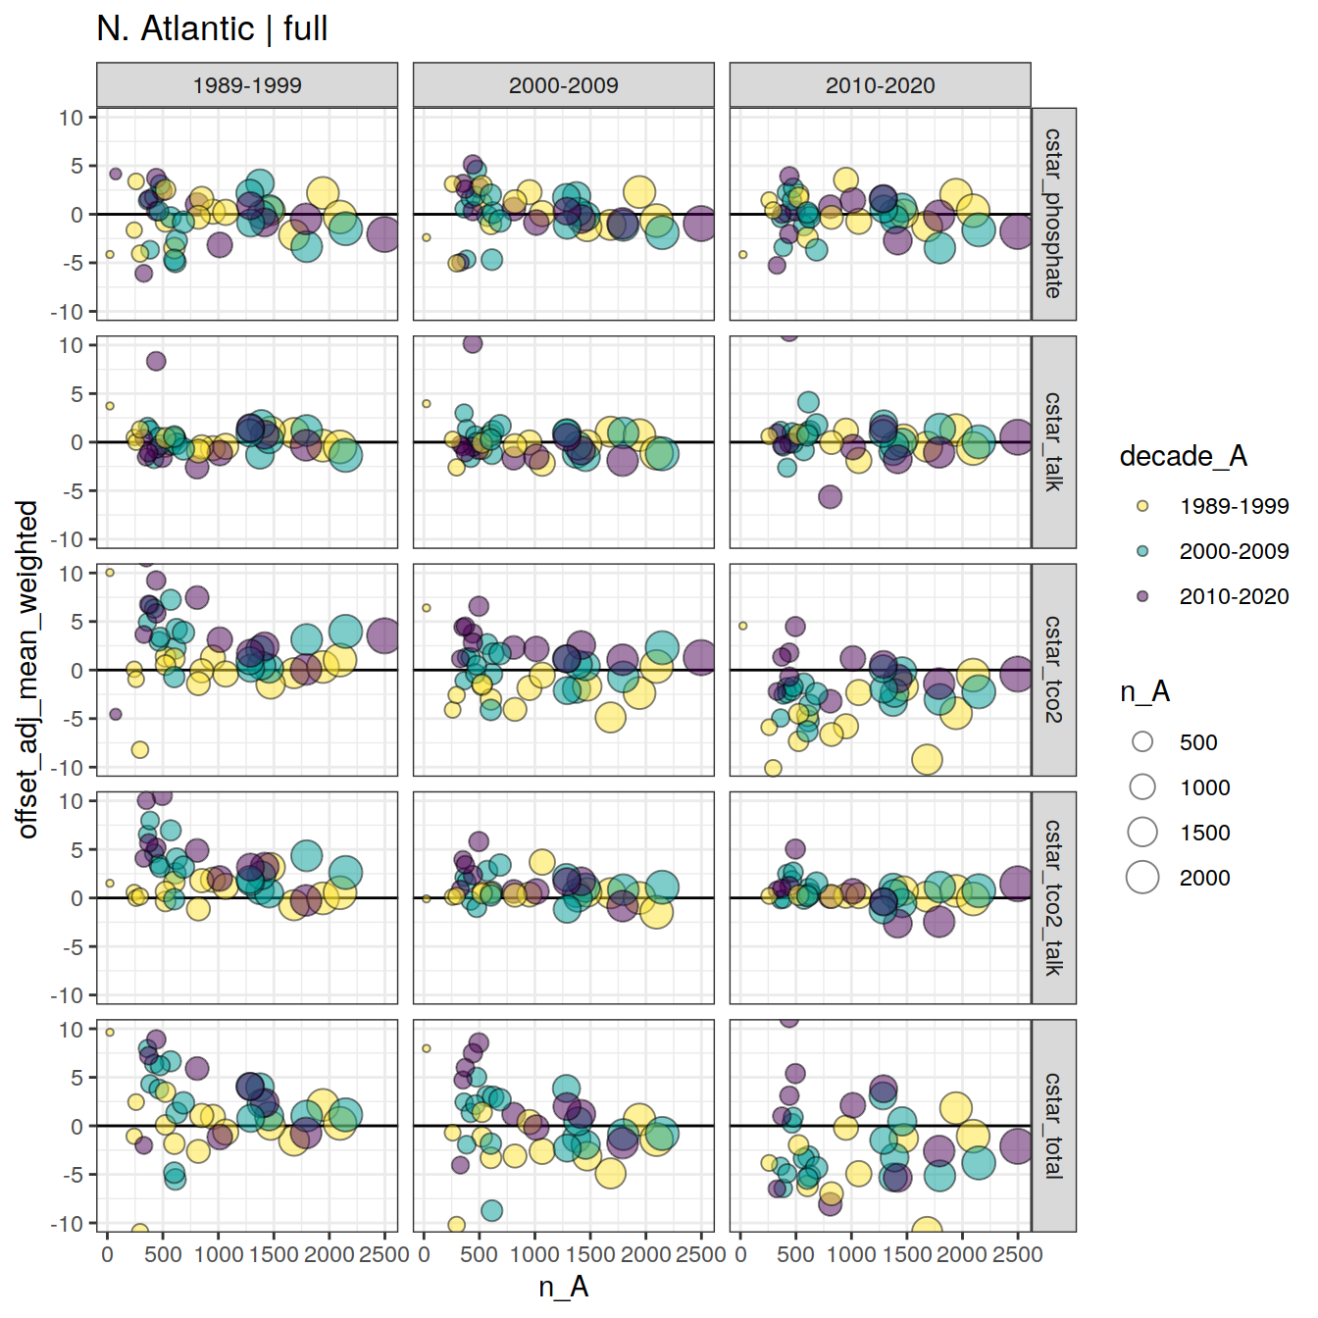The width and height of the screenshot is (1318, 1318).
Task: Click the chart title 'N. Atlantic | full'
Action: pyautogui.click(x=212, y=28)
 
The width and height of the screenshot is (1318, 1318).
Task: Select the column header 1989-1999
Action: pyautogui.click(x=247, y=85)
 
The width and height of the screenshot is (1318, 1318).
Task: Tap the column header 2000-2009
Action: pyautogui.click(x=564, y=85)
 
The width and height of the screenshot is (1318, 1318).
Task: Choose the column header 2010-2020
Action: pyautogui.click(x=880, y=85)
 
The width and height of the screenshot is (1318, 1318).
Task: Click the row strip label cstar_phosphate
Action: pyautogui.click(x=1053, y=214)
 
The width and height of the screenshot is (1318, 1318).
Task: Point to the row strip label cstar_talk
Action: pyautogui.click(x=1053, y=442)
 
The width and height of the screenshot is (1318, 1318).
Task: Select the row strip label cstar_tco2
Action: pyautogui.click(x=1053, y=670)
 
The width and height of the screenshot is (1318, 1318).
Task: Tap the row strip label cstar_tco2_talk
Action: pyautogui.click(x=1053, y=897)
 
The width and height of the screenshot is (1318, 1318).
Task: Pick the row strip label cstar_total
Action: pyautogui.click(x=1053, y=1126)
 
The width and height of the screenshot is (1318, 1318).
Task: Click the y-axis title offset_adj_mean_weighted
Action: pyautogui.click(x=27, y=670)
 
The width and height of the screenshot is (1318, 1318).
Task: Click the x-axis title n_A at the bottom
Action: pyautogui.click(x=564, y=1287)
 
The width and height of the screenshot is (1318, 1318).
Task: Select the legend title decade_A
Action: pyautogui.click(x=1183, y=456)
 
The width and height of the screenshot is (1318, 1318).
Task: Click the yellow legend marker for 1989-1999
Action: pyautogui.click(x=1142, y=506)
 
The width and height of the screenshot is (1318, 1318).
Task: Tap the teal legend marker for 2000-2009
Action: pyautogui.click(x=1142, y=551)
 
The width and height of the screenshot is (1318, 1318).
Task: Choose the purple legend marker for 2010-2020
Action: pyautogui.click(x=1142, y=596)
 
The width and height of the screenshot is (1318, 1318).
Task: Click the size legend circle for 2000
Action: pyautogui.click(x=1142, y=878)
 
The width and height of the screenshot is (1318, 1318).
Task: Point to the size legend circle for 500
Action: pyautogui.click(x=1142, y=742)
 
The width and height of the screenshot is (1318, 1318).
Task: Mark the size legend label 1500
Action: pyautogui.click(x=1204, y=833)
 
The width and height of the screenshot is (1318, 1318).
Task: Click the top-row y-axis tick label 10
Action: pyautogui.click(x=71, y=118)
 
